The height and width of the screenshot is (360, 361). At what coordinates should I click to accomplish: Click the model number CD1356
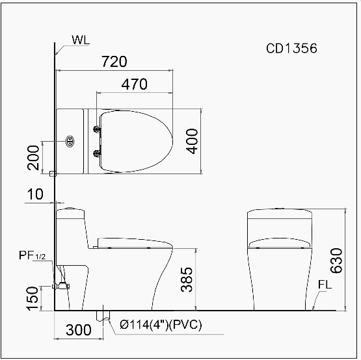[291, 48]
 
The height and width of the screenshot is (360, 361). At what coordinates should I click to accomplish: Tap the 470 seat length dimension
[134, 84]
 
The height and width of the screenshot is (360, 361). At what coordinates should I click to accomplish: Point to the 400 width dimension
[191, 141]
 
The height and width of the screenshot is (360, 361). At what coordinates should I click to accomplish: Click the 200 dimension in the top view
[34, 157]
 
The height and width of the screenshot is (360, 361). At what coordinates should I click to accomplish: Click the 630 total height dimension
[335, 261]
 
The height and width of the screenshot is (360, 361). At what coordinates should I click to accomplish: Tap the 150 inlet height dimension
[33, 298]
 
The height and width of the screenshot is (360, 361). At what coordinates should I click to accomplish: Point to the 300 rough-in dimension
[79, 329]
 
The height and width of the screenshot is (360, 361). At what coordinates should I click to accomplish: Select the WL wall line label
[81, 39]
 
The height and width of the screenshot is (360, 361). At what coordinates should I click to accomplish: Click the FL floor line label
[327, 285]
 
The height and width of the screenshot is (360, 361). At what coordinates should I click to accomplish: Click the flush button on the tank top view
[70, 140]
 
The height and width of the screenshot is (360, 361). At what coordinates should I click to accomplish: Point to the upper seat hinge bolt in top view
[98, 129]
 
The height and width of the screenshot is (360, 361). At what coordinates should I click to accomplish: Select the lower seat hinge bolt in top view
[98, 153]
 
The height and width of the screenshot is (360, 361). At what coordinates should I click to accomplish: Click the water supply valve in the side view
[62, 285]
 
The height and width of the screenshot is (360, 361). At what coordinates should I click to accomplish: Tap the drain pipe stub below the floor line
[102, 316]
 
